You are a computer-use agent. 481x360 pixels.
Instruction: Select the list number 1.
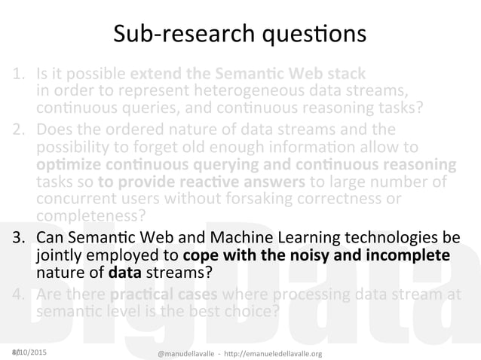pyautogui.click(x=17, y=75)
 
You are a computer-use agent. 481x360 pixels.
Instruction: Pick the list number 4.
pyautogui.click(x=17, y=291)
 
